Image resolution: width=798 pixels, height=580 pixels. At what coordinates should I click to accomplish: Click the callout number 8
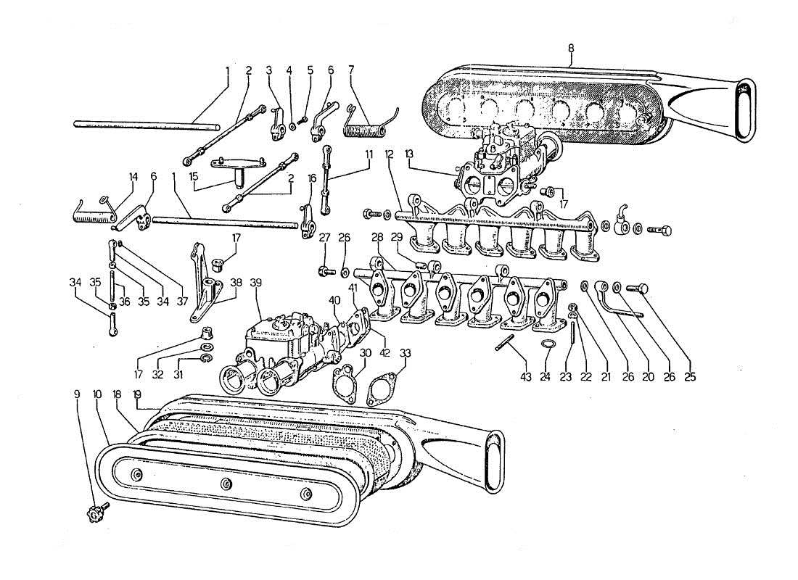coord(571,48)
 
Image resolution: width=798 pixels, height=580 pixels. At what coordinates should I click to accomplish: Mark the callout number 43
coord(525,378)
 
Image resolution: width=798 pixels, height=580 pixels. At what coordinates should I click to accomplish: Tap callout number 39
coord(255,282)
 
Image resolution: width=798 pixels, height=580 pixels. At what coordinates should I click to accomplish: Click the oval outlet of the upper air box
coord(744,109)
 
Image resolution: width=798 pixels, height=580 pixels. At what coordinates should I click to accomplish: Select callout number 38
coord(236,282)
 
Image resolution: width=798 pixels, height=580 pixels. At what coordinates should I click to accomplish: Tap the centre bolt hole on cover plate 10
coord(226,484)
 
